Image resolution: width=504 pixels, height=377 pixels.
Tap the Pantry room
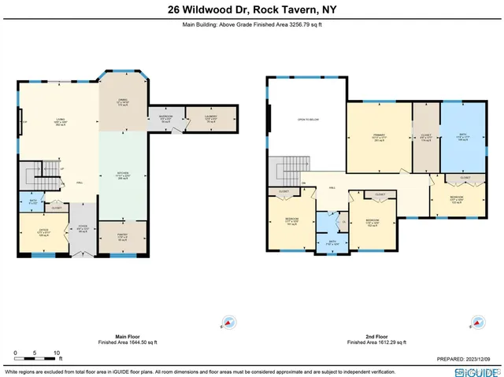[x=123, y=237]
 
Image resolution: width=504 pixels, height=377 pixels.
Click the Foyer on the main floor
[x=82, y=230]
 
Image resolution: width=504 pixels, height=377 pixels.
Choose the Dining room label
[x=122, y=102]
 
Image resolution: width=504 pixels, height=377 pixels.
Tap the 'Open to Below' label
[x=307, y=120]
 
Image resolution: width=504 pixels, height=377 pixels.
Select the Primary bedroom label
[x=380, y=139]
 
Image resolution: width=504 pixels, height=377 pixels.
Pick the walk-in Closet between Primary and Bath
[x=426, y=139]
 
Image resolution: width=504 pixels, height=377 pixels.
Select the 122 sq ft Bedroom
[x=457, y=200]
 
